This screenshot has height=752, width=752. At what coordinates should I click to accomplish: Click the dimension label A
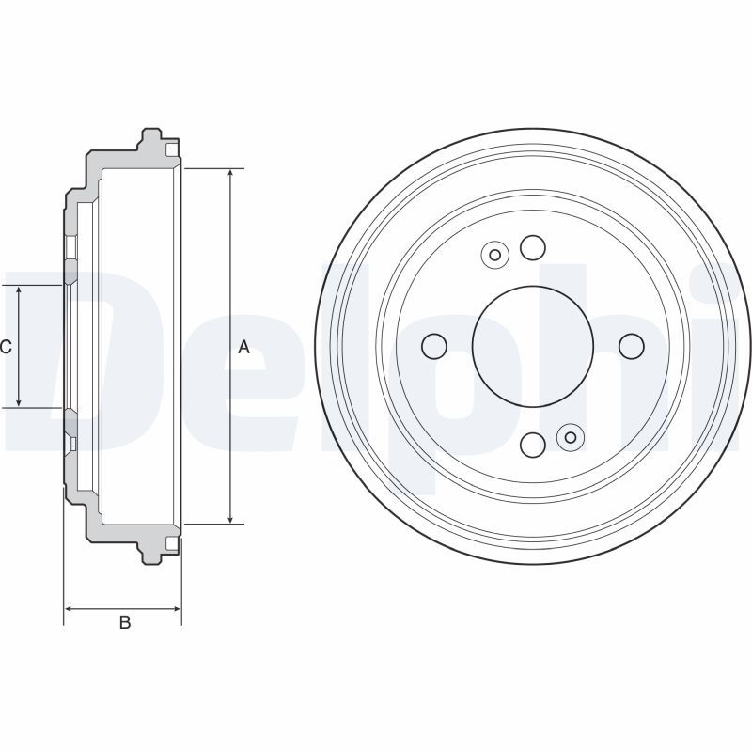coord(243,346)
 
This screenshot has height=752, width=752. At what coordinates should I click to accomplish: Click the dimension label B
coord(125,622)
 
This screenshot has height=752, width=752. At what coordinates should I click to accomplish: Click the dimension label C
coord(6,346)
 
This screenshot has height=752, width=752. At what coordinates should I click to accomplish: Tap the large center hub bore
coord(533,346)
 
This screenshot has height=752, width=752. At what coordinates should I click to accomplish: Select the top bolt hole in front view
coord(533,247)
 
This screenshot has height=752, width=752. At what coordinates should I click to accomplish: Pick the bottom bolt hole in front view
coord(533,445)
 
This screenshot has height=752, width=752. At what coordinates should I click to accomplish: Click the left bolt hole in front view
coord(434,346)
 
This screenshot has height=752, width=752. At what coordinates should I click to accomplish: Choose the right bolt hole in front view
coord(632,346)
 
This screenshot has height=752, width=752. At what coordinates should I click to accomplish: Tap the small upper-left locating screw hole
coord(495,255)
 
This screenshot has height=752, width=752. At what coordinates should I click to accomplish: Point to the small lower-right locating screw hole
coord(571,437)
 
